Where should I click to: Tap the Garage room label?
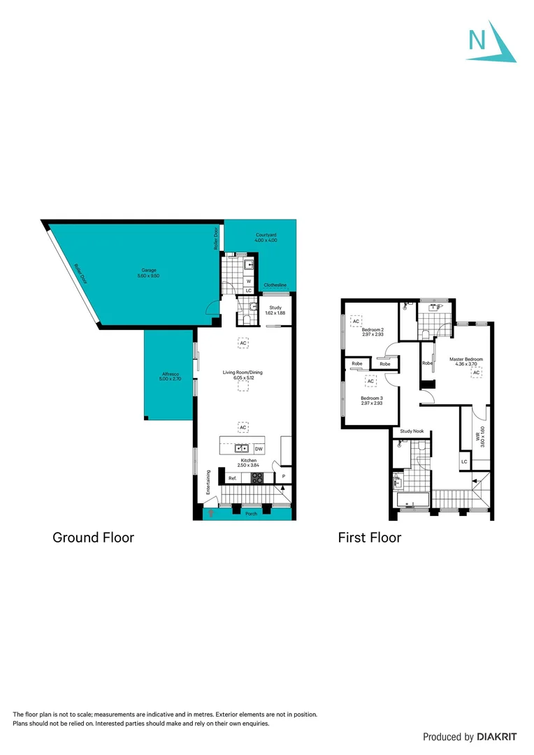pos(147,270)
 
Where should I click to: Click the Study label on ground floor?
pos(275,307)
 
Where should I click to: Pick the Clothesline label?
pos(275,285)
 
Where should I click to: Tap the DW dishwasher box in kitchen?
pos(258,449)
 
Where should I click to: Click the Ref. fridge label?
pos(233,479)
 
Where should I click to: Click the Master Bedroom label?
pos(466,359)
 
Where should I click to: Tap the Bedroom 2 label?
pos(373,329)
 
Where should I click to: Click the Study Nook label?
pos(412,432)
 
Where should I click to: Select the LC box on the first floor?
pos(464,462)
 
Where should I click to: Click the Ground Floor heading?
pos(94,538)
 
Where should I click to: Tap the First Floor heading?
pos(370,538)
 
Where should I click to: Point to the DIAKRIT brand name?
pos(498,737)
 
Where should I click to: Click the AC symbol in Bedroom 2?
pos(356,321)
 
